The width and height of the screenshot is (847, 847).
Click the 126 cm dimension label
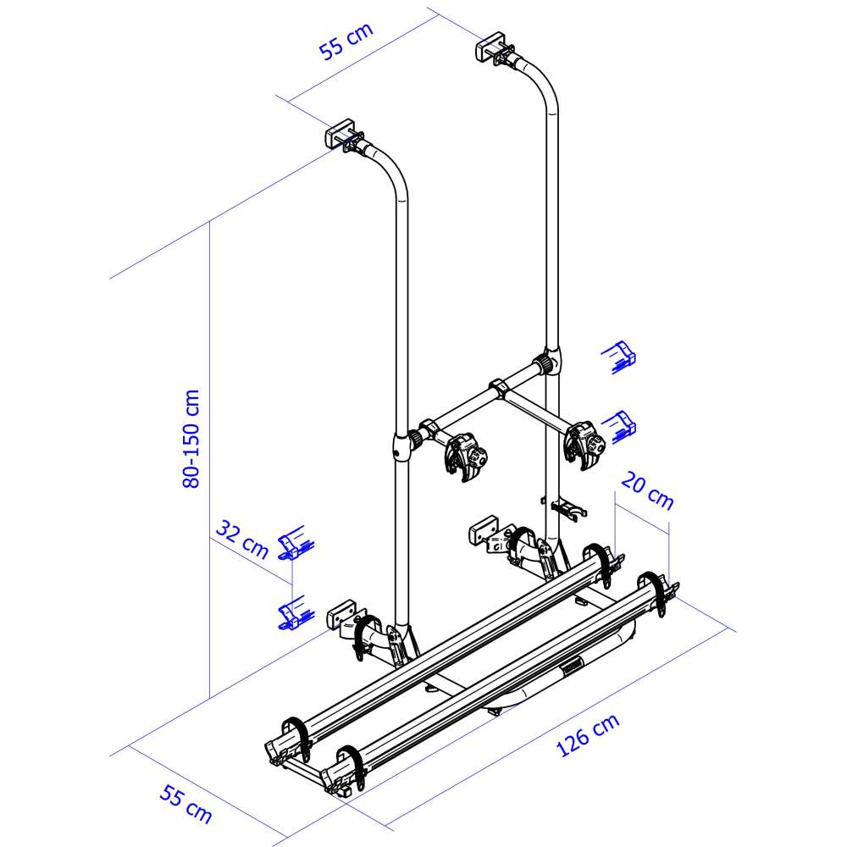pyautogui.click(x=588, y=735)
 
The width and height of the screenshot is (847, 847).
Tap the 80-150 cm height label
pyautogui.click(x=191, y=439)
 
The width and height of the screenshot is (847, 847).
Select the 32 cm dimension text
pyautogui.click(x=242, y=539)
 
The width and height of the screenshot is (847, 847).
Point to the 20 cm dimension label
pyautogui.click(x=647, y=491)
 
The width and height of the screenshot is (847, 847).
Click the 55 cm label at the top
pyautogui.click(x=346, y=41)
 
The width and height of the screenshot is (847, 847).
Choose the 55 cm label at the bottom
pyautogui.click(x=185, y=805)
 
